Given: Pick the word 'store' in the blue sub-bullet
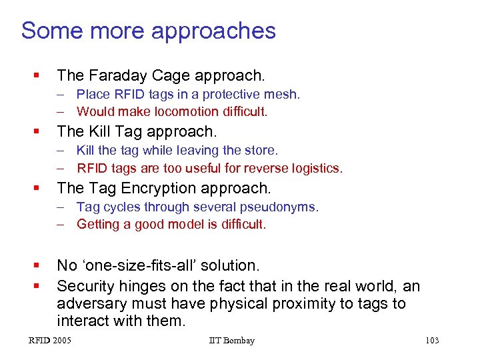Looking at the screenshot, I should click(262, 150).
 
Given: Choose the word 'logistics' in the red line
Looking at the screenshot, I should click(313, 167).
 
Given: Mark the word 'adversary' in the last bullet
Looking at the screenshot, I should click(89, 303).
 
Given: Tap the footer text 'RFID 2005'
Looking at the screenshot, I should click(51, 341).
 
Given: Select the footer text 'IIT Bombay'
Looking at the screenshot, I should click(231, 341).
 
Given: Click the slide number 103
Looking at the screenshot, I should click(431, 341).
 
